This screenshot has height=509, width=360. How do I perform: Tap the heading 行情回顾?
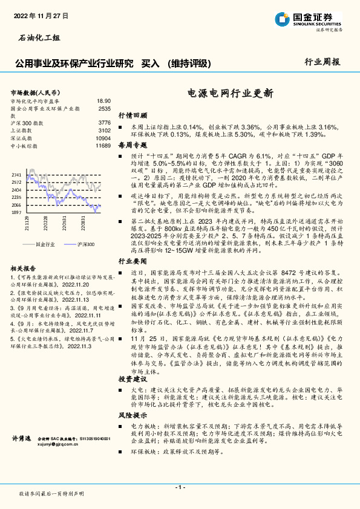click(x=133, y=115)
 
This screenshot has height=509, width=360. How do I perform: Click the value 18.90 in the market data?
click(x=104, y=101)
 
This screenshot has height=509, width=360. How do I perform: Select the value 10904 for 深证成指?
click(x=103, y=138)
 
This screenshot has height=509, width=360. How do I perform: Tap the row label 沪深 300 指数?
click(x=28, y=123)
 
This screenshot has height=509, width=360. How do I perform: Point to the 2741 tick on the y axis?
click(x=16, y=174)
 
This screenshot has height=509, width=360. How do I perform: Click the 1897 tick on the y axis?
click(x=16, y=213)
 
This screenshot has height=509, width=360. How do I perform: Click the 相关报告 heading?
click(x=24, y=268)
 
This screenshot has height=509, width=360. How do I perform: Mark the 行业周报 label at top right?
click(x=322, y=61)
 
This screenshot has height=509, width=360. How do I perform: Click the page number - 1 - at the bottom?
click(x=180, y=487)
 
